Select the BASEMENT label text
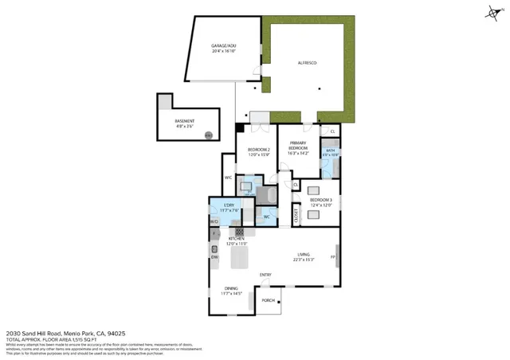[x=185, y=121]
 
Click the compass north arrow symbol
[x=492, y=11]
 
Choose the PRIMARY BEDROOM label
[x=298, y=146]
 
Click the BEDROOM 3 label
[x=322, y=200]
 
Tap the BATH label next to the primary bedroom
[x=330, y=151]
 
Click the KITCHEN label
[x=237, y=239]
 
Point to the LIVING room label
[x=303, y=256]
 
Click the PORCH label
[x=269, y=300]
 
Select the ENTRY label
[x=265, y=275]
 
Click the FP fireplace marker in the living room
[x=333, y=256]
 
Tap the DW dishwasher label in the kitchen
[x=214, y=256]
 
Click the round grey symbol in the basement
[x=208, y=135]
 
